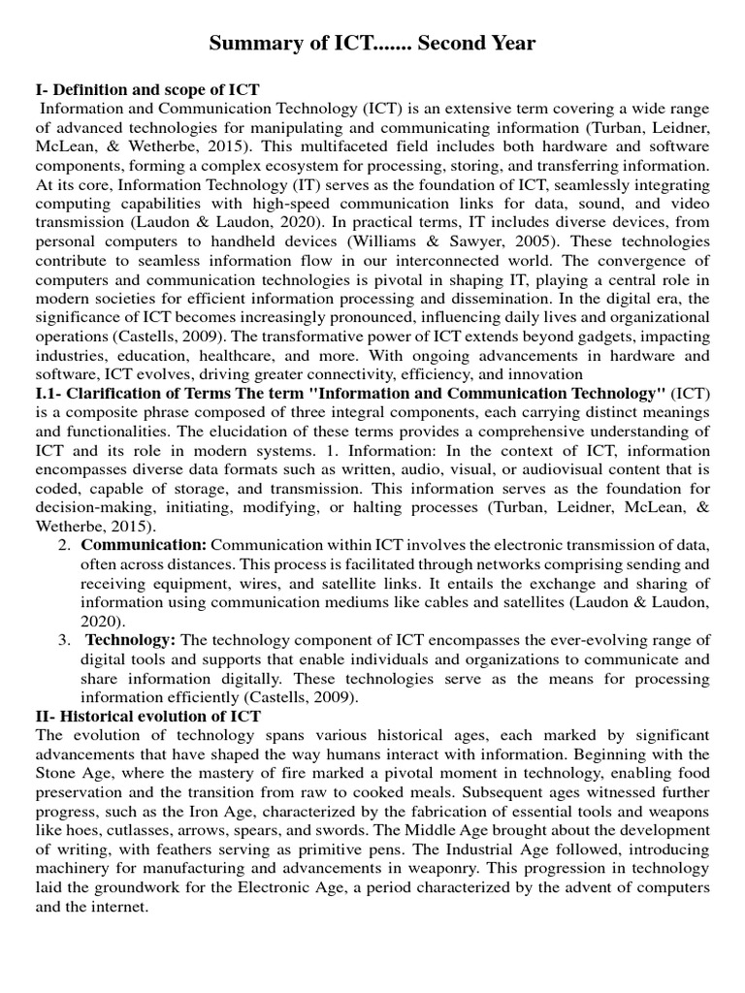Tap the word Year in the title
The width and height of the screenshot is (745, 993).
tap(509, 45)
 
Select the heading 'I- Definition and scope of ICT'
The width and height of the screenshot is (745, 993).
tap(147, 90)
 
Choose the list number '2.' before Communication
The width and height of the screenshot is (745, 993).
tap(64, 546)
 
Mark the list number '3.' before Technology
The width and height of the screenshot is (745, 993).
tap(64, 639)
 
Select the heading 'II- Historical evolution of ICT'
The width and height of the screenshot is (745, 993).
tap(147, 717)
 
